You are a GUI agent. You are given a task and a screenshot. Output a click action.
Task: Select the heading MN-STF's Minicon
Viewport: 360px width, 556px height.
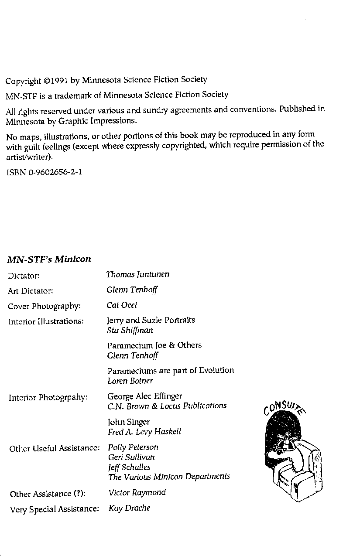coord(49,259)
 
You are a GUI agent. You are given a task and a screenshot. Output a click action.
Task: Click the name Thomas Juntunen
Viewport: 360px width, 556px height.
coord(137,274)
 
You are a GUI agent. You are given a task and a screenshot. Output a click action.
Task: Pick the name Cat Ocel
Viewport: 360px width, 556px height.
coord(122,305)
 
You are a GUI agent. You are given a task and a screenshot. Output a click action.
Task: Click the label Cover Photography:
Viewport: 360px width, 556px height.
coord(44,306)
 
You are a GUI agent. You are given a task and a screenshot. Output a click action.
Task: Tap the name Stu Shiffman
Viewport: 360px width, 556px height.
coord(130,330)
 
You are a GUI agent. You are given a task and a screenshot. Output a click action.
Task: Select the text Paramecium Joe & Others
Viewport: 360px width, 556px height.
coord(154,345)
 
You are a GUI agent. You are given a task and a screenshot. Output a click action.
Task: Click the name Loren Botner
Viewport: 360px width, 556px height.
coord(130,381)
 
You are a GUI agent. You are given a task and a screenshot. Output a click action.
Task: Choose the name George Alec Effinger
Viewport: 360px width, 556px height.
coord(144,396)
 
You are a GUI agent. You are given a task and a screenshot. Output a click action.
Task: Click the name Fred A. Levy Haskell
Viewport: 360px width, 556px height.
coord(144,432)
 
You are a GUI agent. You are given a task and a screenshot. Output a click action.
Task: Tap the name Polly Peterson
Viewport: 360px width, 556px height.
coord(133,447)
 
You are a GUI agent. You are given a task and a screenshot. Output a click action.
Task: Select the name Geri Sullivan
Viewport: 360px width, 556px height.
coord(131,457)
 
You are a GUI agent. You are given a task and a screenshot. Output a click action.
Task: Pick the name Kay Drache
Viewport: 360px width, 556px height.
coord(129,508)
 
